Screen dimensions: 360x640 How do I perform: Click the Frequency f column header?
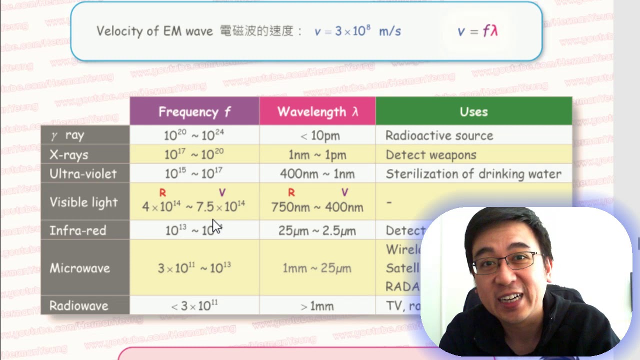click(x=194, y=111)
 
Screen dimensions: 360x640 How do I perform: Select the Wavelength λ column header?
click(x=317, y=111)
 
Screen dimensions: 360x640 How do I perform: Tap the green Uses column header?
click(x=473, y=111)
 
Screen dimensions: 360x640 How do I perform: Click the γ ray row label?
click(x=68, y=135)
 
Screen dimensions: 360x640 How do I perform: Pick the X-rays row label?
click(x=69, y=155)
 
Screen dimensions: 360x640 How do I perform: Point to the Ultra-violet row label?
click(x=83, y=174)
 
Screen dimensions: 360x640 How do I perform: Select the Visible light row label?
click(x=83, y=202)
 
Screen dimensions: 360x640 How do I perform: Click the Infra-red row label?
click(x=78, y=230)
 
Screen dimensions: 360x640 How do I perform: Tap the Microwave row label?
click(x=79, y=268)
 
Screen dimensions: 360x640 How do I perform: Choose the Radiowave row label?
click(x=78, y=305)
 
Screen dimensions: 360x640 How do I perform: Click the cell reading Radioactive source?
click(x=439, y=135)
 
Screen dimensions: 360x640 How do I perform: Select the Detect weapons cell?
click(x=430, y=155)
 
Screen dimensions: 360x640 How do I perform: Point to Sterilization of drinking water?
click(x=473, y=174)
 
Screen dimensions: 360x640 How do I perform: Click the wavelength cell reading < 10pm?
click(x=317, y=135)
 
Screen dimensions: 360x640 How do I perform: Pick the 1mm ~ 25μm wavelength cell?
click(x=317, y=268)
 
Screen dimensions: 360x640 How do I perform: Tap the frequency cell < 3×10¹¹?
click(x=194, y=305)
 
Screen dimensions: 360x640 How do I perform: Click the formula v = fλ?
click(x=477, y=31)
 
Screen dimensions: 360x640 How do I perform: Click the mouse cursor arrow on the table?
click(x=216, y=225)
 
